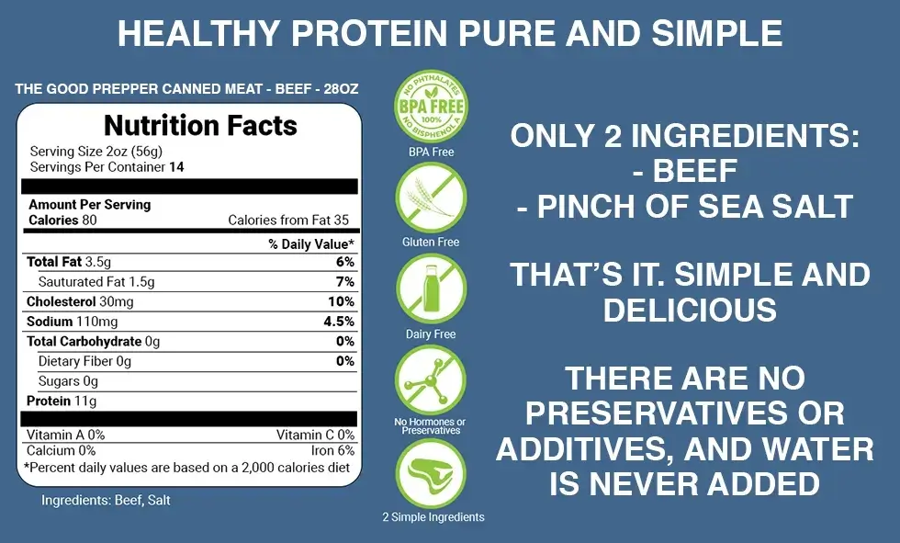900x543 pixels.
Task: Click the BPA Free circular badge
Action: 431,107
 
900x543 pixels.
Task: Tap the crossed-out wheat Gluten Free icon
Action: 431,198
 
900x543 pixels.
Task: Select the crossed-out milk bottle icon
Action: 431,288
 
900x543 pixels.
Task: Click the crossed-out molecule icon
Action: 431,380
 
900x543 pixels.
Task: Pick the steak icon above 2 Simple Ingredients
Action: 431,474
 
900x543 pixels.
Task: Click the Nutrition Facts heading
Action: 200,126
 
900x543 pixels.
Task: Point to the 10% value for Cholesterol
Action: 341,301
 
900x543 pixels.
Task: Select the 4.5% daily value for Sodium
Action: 339,322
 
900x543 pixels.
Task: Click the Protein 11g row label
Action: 62,401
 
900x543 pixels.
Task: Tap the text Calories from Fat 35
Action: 288,220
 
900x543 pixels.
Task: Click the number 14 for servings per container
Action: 176,167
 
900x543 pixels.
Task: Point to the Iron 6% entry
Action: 332,450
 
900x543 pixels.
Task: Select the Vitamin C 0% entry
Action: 315,436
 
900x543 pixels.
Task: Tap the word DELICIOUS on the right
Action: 690,311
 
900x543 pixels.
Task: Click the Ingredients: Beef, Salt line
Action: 106,500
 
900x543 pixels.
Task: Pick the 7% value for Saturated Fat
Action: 345,282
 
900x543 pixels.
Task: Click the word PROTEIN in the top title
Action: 368,33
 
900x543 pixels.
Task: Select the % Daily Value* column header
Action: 311,244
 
